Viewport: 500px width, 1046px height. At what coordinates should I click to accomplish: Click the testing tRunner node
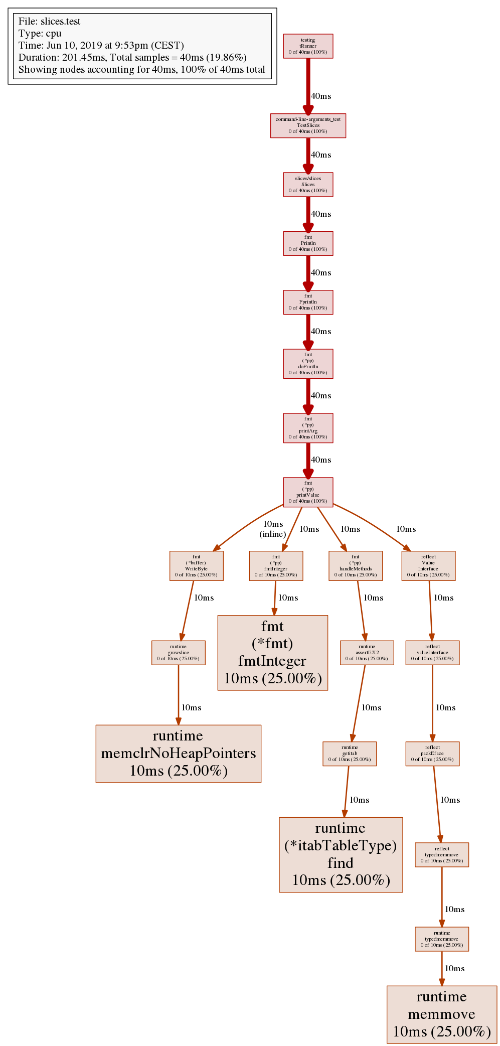click(308, 46)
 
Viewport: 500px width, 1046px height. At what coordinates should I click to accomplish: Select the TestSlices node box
click(308, 125)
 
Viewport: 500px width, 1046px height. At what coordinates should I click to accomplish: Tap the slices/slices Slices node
click(308, 185)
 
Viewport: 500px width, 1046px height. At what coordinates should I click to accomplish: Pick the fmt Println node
click(308, 243)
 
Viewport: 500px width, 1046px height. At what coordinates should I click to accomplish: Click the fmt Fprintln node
click(308, 302)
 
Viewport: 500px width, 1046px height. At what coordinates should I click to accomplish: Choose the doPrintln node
click(308, 364)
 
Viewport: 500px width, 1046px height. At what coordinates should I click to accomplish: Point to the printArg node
click(308, 428)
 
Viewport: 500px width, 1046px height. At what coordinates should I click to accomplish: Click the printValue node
click(308, 492)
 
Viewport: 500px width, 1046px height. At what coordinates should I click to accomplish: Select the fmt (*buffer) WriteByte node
click(196, 566)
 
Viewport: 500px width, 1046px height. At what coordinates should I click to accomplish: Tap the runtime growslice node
click(178, 653)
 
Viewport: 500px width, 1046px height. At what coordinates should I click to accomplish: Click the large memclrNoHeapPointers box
click(178, 754)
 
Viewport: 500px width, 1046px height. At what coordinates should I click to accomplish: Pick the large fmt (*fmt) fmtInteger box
click(272, 653)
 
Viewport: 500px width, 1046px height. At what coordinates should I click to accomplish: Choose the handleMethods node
click(355, 566)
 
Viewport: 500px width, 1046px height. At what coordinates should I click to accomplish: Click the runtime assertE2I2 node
click(367, 653)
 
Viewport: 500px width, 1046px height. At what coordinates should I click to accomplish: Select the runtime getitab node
click(350, 754)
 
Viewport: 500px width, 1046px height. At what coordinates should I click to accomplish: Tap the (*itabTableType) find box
click(341, 854)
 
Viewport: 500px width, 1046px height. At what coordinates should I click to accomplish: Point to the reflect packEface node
click(432, 754)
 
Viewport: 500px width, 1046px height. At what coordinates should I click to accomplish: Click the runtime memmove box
click(441, 1014)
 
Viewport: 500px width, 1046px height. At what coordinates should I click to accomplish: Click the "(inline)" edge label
click(273, 534)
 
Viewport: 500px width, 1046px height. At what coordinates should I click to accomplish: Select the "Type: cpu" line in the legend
click(40, 34)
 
